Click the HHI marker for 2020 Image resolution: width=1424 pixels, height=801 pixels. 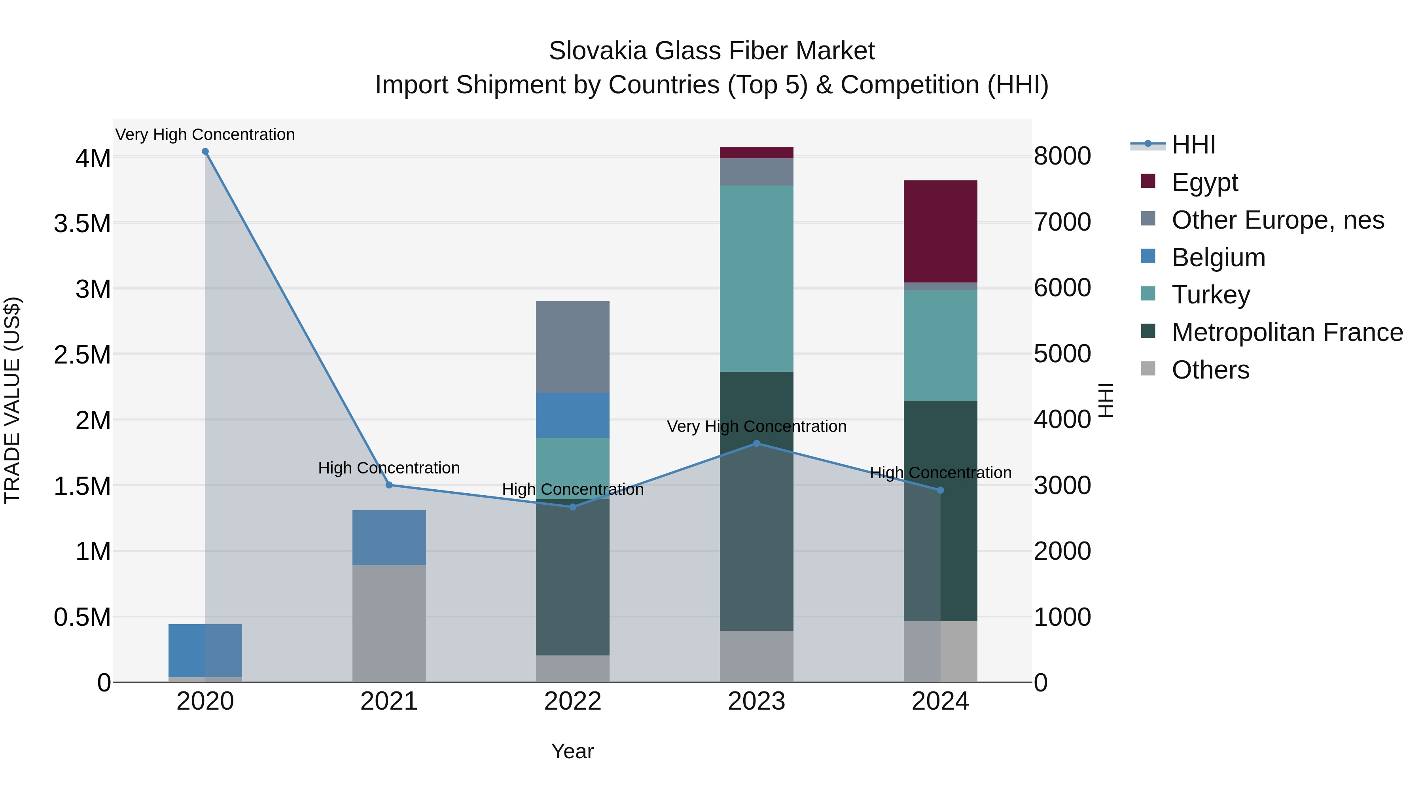tap(205, 151)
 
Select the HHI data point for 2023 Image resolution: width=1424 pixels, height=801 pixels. tap(756, 443)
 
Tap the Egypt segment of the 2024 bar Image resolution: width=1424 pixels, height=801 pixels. tap(940, 232)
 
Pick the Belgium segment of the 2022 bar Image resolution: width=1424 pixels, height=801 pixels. tap(573, 415)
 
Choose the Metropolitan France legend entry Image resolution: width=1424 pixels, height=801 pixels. tap(1286, 332)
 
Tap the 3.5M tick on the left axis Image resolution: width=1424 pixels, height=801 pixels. tap(82, 224)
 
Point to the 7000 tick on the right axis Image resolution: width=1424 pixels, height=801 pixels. tap(1062, 222)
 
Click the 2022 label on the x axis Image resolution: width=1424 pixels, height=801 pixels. tap(573, 701)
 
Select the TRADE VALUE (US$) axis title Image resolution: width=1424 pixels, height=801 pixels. tap(12, 400)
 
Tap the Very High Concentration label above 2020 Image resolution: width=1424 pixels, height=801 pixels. tap(205, 134)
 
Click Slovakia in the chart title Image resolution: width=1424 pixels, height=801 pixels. tap(597, 51)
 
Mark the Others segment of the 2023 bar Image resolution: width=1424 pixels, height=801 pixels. tap(756, 656)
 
